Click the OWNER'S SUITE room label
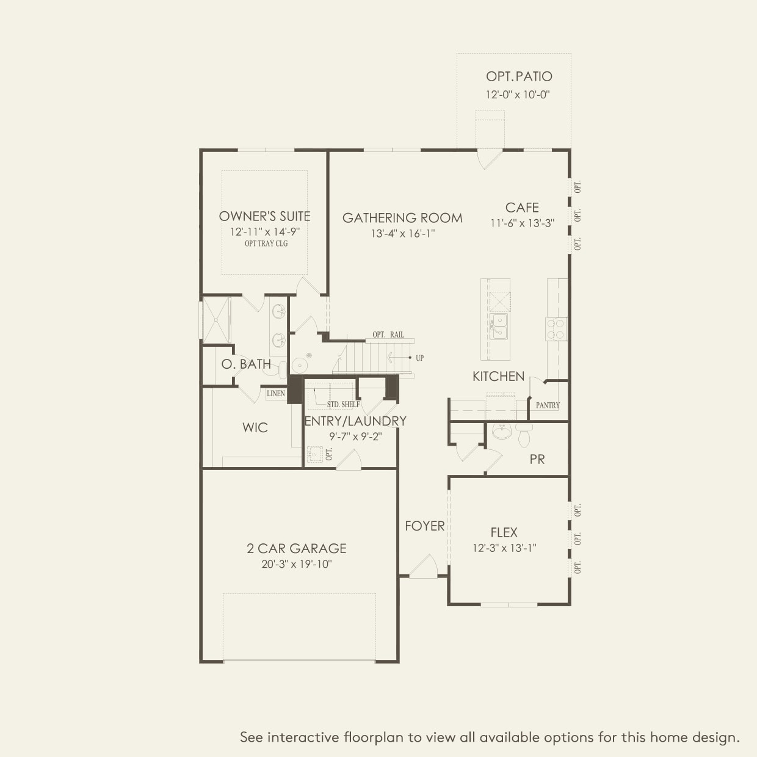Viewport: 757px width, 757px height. [x=264, y=216]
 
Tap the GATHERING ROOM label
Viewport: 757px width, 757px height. [x=402, y=218]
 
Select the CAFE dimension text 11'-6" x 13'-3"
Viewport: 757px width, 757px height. [x=522, y=223]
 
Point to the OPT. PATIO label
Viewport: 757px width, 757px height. [x=519, y=76]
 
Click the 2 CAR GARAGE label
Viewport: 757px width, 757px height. [x=297, y=548]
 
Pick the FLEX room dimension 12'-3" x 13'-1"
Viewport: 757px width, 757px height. [x=504, y=548]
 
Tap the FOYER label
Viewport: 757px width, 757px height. [x=425, y=526]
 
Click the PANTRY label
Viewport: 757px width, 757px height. [x=548, y=405]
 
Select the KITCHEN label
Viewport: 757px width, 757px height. [x=498, y=376]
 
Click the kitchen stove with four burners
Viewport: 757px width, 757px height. [x=556, y=328]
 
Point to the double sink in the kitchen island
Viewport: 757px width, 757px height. [x=499, y=327]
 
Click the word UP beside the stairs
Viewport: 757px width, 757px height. [x=419, y=358]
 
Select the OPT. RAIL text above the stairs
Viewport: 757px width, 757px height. [x=388, y=335]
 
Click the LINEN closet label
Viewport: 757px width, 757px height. [x=276, y=394]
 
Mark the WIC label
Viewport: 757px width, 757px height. [x=255, y=427]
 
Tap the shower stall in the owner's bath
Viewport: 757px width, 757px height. [x=216, y=319]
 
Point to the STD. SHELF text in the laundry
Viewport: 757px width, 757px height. [x=343, y=404]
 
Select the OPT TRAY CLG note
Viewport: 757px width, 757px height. [x=266, y=244]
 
